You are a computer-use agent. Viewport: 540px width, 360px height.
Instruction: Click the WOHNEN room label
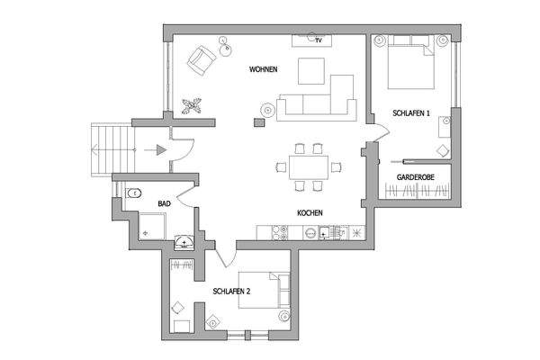pyautogui.click(x=264, y=69)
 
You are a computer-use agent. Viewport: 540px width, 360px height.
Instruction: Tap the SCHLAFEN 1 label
pyautogui.click(x=412, y=112)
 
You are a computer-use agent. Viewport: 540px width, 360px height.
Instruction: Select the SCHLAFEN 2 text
pyautogui.click(x=231, y=292)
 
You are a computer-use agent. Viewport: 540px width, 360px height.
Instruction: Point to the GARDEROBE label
pyautogui.click(x=415, y=178)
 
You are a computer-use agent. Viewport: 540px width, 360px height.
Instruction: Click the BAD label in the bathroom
pyautogui.click(x=164, y=204)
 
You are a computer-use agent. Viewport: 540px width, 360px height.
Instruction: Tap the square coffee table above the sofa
pyautogui.click(x=312, y=71)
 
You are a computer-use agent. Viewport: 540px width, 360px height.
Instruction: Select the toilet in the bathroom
pyautogui.click(x=134, y=192)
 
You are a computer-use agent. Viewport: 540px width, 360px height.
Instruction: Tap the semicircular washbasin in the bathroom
pyautogui.click(x=184, y=240)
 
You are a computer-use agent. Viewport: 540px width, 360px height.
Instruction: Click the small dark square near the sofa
pyautogui.click(x=266, y=111)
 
